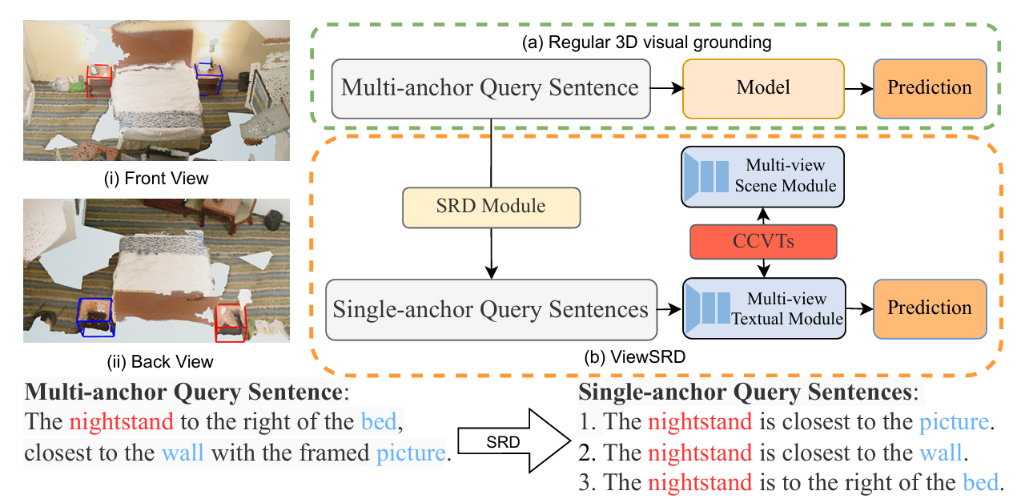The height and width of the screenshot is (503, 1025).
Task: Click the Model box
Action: click(x=763, y=88)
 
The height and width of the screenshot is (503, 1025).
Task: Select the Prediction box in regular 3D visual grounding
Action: click(x=930, y=88)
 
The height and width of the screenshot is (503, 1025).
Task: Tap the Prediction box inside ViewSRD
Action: click(x=930, y=308)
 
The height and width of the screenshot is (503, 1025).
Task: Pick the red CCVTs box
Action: click(x=762, y=240)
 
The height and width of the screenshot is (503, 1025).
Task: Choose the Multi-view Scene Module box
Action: click(x=762, y=175)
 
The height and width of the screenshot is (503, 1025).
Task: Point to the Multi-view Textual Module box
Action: click(x=762, y=309)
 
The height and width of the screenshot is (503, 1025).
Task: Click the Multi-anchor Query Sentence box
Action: click(x=490, y=88)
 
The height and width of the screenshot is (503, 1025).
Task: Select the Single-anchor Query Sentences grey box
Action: click(x=490, y=309)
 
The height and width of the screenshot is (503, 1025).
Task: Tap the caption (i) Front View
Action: click(x=156, y=178)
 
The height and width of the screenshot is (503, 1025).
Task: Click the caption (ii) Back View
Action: click(x=156, y=361)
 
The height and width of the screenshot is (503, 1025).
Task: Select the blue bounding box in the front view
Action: click(x=209, y=77)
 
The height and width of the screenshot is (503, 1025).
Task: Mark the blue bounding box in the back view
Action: click(x=95, y=317)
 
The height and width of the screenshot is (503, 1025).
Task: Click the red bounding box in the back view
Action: click(x=231, y=322)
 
